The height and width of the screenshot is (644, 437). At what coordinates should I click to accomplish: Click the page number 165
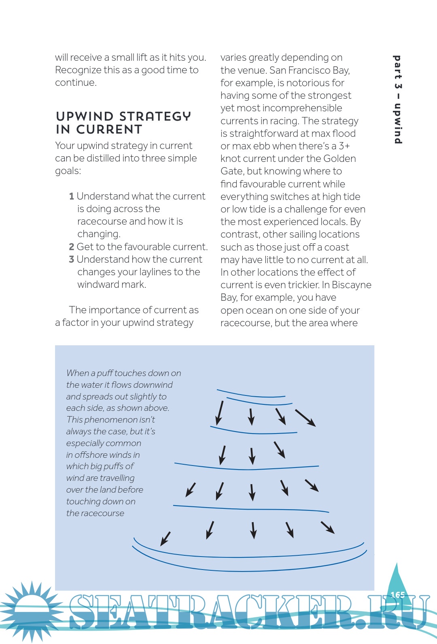click(397, 595)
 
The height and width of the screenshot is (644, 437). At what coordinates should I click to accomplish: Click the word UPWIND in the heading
click(85, 117)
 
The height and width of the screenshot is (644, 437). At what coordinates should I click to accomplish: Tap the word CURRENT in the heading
click(109, 130)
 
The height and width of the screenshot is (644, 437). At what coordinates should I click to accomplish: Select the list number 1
click(72, 196)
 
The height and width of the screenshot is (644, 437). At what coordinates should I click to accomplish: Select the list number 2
click(72, 247)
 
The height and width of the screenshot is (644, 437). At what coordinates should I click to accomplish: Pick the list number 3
click(72, 259)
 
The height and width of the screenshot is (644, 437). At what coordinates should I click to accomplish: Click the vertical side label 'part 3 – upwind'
click(398, 100)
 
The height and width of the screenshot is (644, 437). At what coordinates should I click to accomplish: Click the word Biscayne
click(351, 285)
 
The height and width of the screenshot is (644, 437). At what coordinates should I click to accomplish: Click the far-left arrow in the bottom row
click(165, 539)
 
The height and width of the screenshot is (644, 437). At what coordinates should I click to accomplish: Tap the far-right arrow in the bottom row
click(327, 527)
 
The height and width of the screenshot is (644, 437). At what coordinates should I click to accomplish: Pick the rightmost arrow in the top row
click(305, 418)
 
